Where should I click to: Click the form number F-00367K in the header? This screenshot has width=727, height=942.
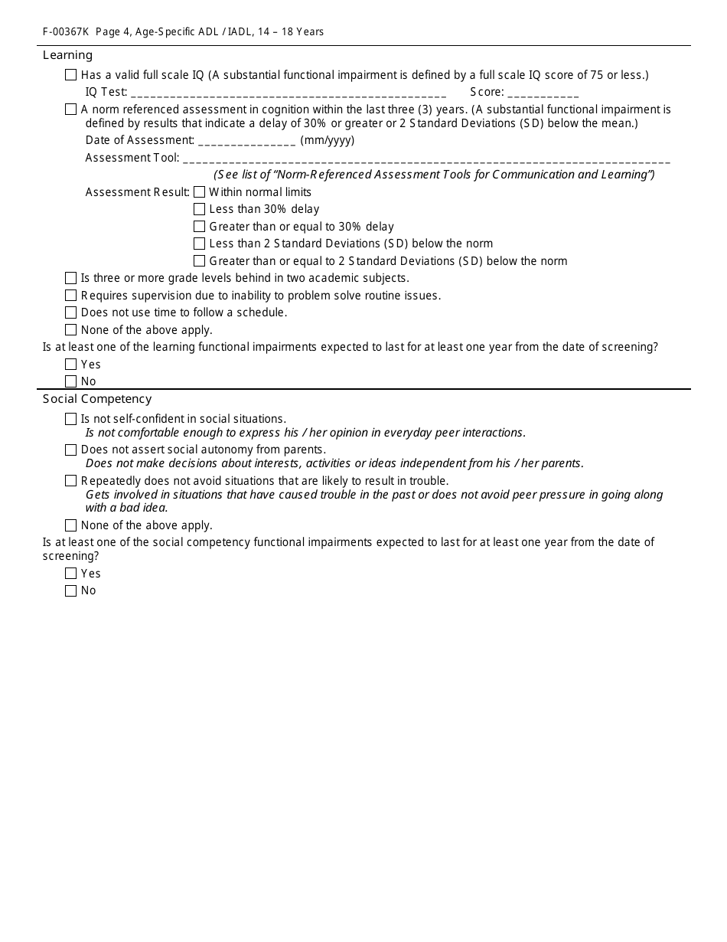coord(65,32)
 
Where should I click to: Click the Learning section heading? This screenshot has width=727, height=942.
coord(67,55)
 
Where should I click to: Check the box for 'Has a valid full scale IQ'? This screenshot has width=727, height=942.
coord(71,75)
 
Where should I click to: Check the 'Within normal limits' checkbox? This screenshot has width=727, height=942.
coord(200,192)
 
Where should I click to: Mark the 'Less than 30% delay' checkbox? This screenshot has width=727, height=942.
coord(200,209)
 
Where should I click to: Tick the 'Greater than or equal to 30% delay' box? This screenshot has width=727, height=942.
coord(200,227)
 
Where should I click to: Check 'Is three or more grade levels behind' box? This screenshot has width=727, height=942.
coord(71,278)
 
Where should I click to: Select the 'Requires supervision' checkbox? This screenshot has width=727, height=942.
coord(71,296)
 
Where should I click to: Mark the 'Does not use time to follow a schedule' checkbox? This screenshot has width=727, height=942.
coord(71,312)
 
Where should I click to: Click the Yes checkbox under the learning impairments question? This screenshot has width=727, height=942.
coord(71,365)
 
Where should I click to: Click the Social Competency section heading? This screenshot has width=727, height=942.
coord(97,399)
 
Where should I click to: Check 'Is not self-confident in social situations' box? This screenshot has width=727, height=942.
coord(71,419)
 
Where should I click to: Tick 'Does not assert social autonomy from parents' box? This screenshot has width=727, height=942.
coord(71,450)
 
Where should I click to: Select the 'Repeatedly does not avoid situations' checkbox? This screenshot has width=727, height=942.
coord(71,481)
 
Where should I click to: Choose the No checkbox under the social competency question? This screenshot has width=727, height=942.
coord(71,590)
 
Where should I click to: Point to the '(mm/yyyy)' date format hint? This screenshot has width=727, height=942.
coord(328,140)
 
